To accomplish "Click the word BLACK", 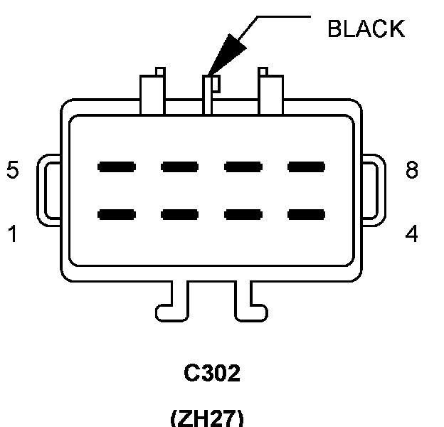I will tap(365, 28).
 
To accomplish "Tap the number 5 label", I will tap(13, 171).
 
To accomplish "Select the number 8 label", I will tap(411, 171).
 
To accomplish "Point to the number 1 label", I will tap(13, 233).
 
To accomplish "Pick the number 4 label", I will tap(411, 233).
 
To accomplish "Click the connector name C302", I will tap(211, 374).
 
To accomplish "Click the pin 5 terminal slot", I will tap(117, 167).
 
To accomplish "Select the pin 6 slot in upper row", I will tap(179, 167).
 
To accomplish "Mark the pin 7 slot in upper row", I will tap(243, 167).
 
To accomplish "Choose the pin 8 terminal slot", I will tap(306, 167).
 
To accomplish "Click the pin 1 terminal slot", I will tap(117, 213).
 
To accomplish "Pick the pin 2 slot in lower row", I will tap(179, 213).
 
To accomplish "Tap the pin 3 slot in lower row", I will tap(243, 213).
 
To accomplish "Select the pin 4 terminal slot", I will tap(306, 213).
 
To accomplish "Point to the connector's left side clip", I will tap(51, 189).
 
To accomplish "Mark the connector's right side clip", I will tap(373, 189).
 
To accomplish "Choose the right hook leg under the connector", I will tap(251, 302).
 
